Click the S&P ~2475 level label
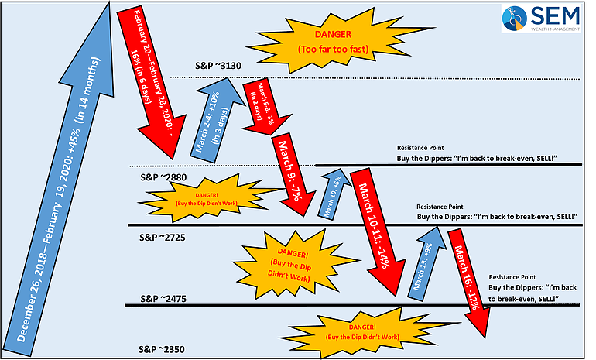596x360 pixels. click(163, 297)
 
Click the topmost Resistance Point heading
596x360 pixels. click(423, 146)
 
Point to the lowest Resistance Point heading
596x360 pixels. click(514, 276)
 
